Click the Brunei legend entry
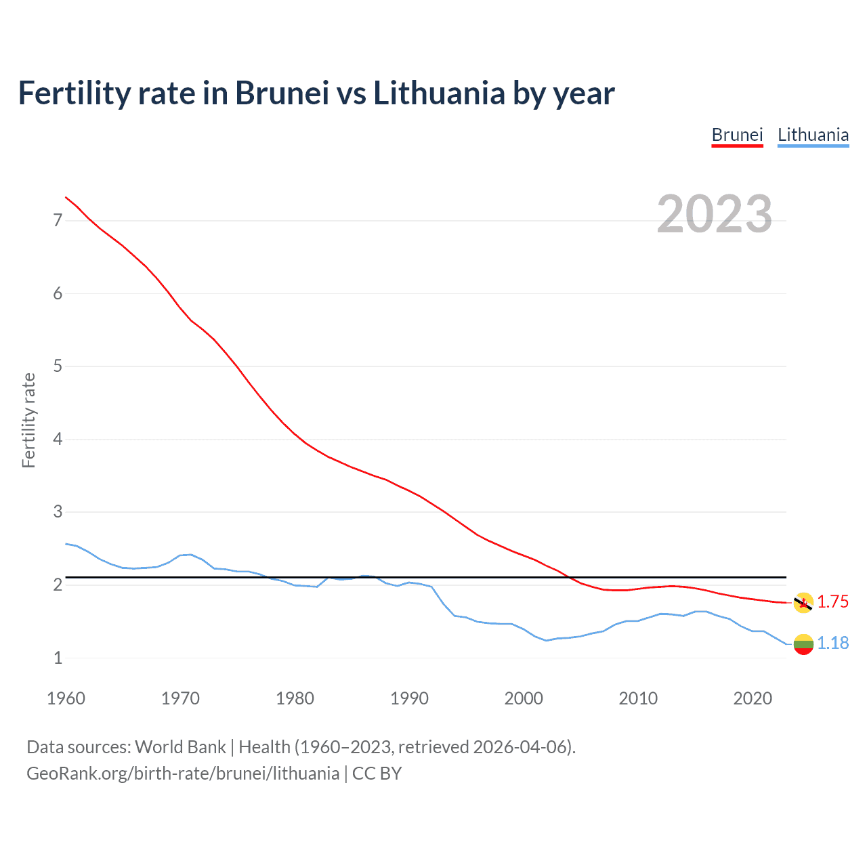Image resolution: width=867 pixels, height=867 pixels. [737, 135]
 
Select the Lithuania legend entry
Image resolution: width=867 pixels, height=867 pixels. [813, 135]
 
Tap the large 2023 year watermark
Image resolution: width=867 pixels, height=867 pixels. [714, 214]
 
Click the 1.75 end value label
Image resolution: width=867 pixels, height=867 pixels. [832, 601]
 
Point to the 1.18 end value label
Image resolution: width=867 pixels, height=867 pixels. [832, 643]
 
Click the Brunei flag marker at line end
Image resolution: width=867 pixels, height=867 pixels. [803, 603]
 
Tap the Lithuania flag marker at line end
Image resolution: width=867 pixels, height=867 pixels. [803, 644]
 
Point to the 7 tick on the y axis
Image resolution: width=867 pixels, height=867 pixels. [58, 220]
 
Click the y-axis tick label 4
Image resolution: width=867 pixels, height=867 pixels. [58, 439]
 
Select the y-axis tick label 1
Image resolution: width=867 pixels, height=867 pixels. [58, 658]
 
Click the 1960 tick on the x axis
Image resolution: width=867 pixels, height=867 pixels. [66, 698]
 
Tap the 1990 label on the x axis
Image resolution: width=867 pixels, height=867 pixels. [409, 698]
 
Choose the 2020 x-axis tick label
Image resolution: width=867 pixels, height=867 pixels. [753, 698]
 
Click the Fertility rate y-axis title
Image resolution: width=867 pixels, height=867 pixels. [28, 420]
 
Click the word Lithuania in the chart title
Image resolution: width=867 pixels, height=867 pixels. [439, 93]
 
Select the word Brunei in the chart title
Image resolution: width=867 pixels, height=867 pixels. [282, 93]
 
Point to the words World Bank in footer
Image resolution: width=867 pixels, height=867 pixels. [180, 747]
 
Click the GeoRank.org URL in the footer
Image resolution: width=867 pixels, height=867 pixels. [183, 774]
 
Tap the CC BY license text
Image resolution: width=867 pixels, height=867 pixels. [377, 774]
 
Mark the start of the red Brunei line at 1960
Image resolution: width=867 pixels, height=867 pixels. [66, 197]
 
